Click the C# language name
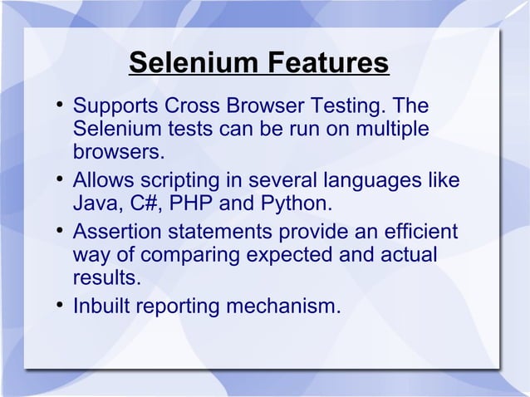tap(141, 203)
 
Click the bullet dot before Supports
tap(61, 106)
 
